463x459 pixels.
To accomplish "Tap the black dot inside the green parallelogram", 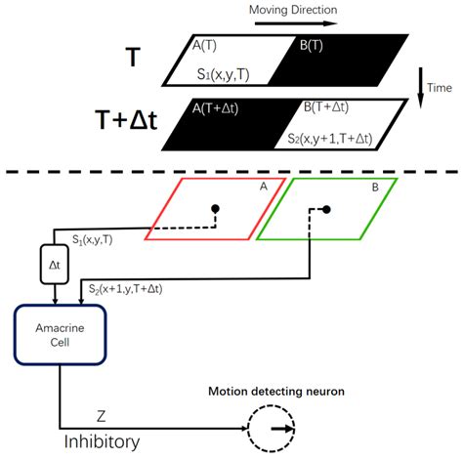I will pyautogui.click(x=324, y=209).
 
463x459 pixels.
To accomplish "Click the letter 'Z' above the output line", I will pyautogui.click(x=101, y=415).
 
